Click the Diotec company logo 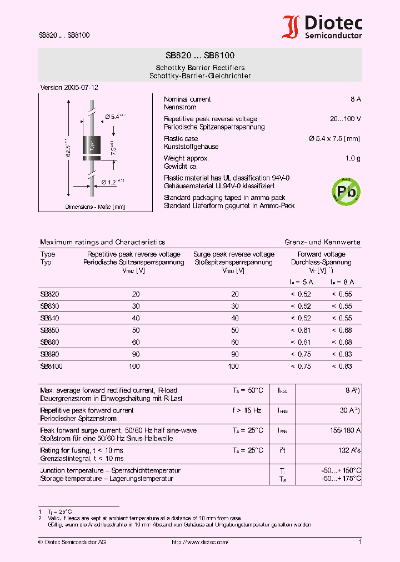322,27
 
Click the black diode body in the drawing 92,145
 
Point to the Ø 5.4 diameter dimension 115,116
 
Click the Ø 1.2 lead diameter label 112,182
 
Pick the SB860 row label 49,342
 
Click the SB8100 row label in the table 51,366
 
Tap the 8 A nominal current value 356,99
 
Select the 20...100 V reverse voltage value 346,119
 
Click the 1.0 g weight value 353,158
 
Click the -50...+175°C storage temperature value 341,478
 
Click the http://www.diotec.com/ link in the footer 200,542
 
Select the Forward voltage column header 321,254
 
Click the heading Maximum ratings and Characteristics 103,242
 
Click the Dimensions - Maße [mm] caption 95,207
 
